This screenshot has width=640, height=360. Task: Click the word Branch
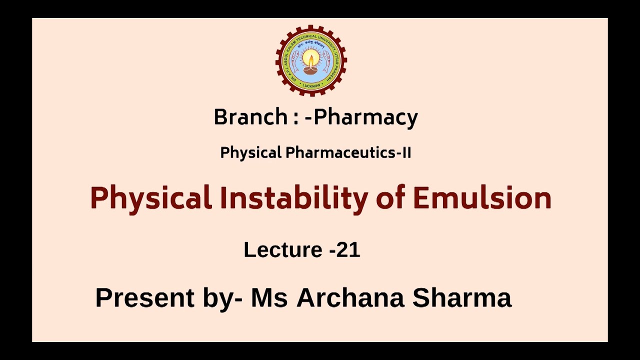(250, 117)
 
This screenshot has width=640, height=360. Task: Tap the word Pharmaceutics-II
(348, 153)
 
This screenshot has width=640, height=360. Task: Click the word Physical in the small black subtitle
(251, 153)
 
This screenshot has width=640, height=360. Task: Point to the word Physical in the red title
(151, 198)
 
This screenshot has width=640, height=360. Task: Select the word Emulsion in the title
(481, 197)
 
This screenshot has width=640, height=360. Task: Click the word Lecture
(283, 249)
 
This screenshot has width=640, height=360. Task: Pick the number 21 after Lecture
(348, 249)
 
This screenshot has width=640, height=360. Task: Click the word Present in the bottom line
(145, 298)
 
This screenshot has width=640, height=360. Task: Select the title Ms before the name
(269, 297)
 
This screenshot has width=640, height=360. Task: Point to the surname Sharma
(462, 297)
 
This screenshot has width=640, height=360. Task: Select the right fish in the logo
(326, 61)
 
